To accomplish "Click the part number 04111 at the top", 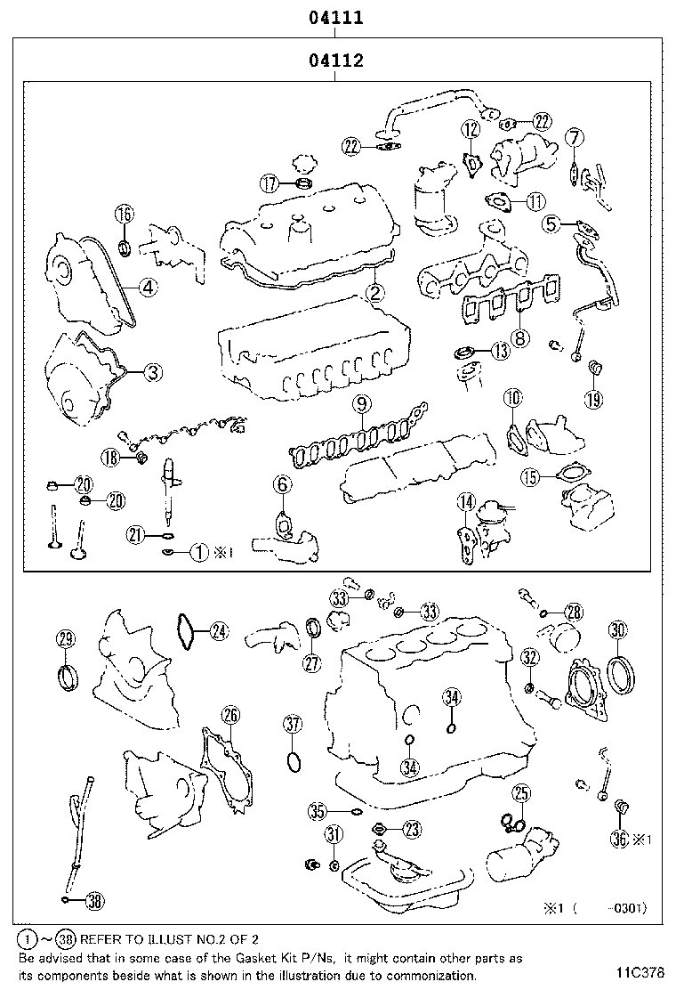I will click(x=334, y=17).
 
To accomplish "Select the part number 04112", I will click(x=334, y=61).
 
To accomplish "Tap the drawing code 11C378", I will click(x=639, y=971).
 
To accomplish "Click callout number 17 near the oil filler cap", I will click(x=270, y=184).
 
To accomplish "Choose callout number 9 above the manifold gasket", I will click(x=360, y=404).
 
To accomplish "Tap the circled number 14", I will click(x=464, y=504).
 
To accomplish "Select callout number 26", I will click(x=229, y=715).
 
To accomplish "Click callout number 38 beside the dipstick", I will click(x=94, y=902).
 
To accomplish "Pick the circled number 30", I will click(x=618, y=630).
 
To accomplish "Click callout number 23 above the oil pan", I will click(x=411, y=830).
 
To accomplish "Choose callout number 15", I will click(x=531, y=477).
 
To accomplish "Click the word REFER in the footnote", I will click(x=104, y=938).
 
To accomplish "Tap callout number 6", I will click(x=282, y=484).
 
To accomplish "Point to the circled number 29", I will click(x=66, y=638).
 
